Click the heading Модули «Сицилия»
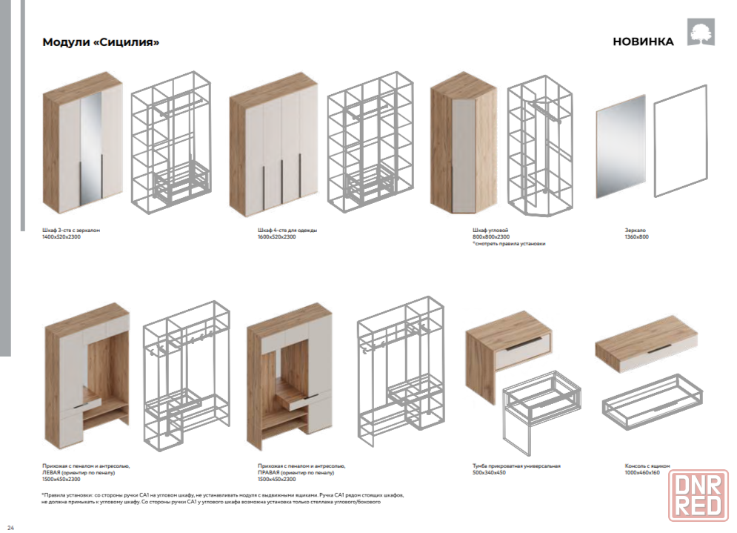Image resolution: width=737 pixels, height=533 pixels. (x=101, y=42)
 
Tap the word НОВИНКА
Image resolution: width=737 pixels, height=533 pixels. (x=643, y=42)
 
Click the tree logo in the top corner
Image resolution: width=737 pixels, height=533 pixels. (x=700, y=32)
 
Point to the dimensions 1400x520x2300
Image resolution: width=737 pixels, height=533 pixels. (x=61, y=237)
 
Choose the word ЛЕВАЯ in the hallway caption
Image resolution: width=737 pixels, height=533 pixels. (x=52, y=472)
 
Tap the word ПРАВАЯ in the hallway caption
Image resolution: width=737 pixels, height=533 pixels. (x=268, y=472)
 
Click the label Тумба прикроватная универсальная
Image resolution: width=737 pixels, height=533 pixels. (x=516, y=466)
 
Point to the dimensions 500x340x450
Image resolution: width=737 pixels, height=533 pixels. (x=489, y=472)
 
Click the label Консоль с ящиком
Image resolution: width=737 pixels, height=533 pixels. (x=647, y=466)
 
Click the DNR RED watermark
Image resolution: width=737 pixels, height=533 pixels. (x=698, y=496)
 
